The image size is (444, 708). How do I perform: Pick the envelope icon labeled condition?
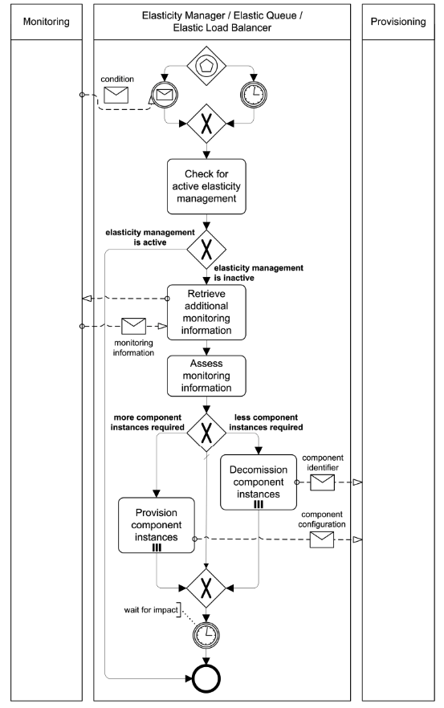click(x=117, y=96)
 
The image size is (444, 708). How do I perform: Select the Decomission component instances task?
click(x=258, y=482)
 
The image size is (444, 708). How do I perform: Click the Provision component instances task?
click(x=157, y=525)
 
